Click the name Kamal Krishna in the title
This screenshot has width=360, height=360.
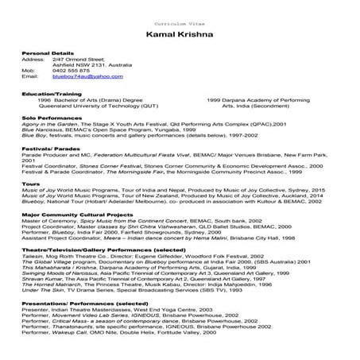pyautogui.click(x=180, y=37)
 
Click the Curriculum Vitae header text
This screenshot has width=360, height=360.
pyautogui.click(x=180, y=16)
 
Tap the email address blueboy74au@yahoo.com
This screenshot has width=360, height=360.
pyautogui.click(x=87, y=79)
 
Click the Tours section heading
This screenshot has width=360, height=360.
pyautogui.click(x=31, y=181)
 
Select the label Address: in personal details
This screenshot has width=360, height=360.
pyautogui.click(x=34, y=59)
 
